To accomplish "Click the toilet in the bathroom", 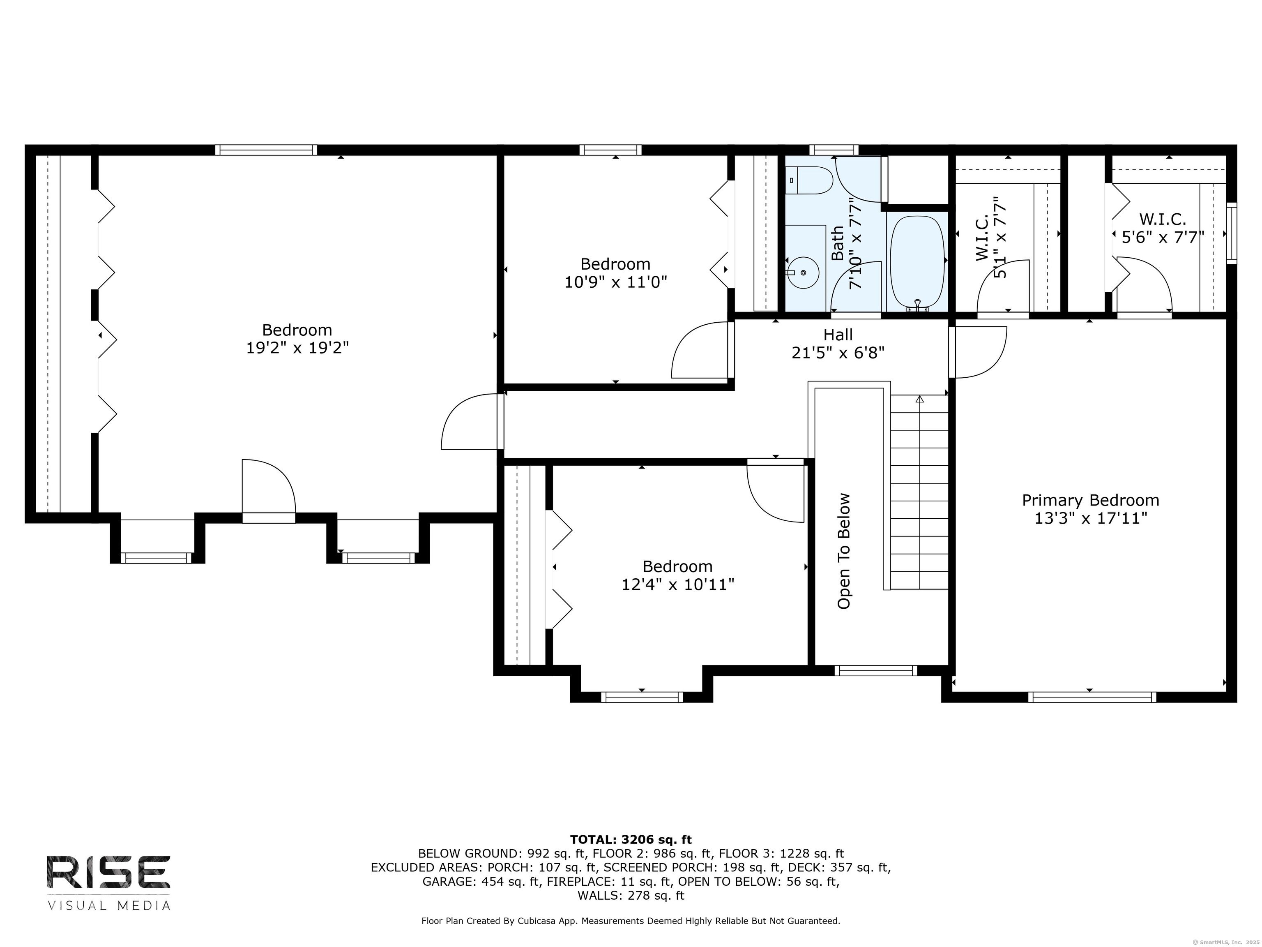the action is click(x=809, y=180).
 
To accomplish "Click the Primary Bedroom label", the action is click(x=1090, y=501).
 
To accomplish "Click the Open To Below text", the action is click(x=844, y=551).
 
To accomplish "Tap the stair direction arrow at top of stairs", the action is click(x=919, y=400).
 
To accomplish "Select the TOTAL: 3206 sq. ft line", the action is click(x=631, y=839).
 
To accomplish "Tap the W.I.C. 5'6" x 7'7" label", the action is click(x=1163, y=228).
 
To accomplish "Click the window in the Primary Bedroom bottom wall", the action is click(x=1092, y=697).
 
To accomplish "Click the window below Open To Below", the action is click(x=876, y=671).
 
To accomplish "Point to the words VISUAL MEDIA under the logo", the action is click(x=108, y=905).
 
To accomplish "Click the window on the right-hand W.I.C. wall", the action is click(x=1232, y=233).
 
